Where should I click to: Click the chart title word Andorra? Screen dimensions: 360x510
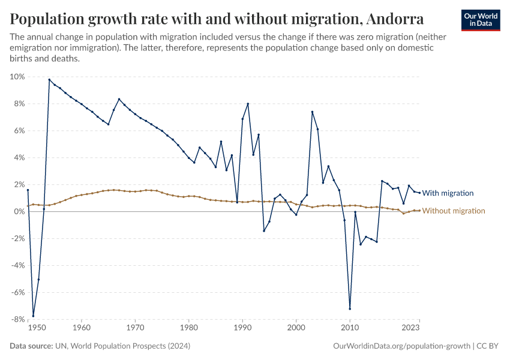(x=394, y=19)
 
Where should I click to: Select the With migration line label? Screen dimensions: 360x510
(x=448, y=193)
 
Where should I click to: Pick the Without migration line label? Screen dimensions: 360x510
(x=453, y=211)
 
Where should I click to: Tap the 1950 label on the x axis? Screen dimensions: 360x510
(x=36, y=328)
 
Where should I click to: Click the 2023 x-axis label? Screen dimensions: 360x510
(x=410, y=328)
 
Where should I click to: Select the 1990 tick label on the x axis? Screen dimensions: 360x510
(x=242, y=328)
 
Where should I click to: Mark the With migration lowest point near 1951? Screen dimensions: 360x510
(x=34, y=316)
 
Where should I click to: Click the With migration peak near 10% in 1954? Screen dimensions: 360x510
(x=49, y=80)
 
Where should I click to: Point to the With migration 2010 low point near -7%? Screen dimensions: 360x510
(x=350, y=309)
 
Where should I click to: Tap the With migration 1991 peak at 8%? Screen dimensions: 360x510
(x=248, y=104)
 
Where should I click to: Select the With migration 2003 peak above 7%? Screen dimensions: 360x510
(x=312, y=112)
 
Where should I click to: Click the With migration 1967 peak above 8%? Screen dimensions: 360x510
(x=119, y=99)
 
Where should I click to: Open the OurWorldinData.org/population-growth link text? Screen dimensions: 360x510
(x=401, y=346)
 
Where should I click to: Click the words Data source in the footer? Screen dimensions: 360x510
(x=30, y=346)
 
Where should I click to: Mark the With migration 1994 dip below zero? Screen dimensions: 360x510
(x=264, y=231)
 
